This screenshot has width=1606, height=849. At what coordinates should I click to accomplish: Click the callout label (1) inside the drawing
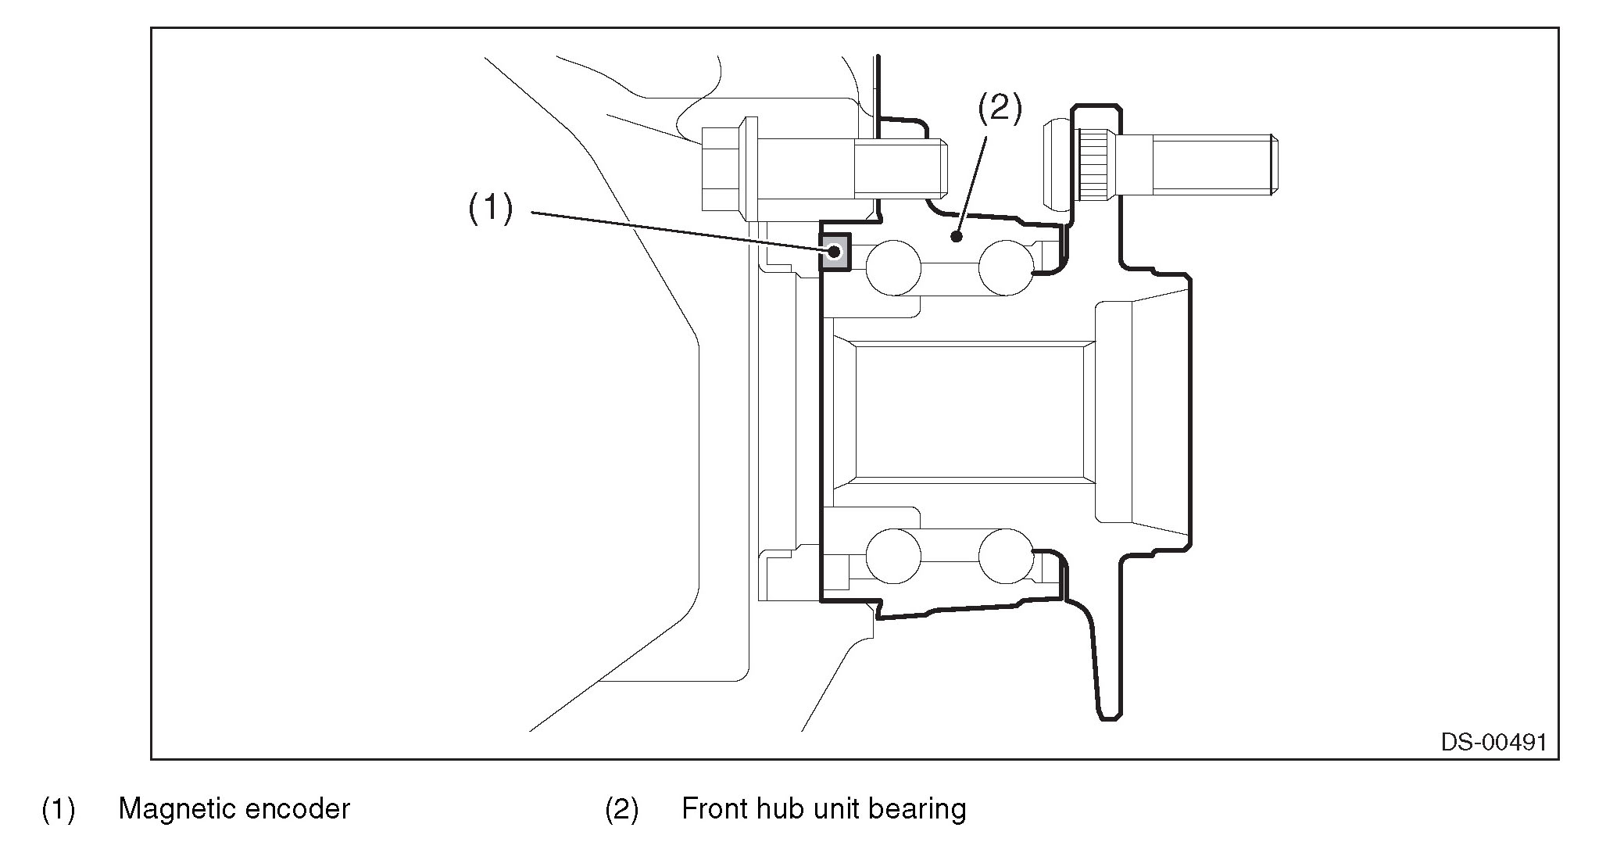point(490,209)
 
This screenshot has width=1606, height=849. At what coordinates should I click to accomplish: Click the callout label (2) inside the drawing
point(1000,109)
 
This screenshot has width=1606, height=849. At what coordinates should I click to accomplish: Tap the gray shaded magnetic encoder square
point(835,252)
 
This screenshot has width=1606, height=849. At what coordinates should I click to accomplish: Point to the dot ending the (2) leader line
point(955,235)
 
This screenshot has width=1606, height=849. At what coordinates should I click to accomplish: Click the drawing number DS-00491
point(1493,742)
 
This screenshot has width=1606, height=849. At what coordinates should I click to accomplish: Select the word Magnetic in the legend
point(174,809)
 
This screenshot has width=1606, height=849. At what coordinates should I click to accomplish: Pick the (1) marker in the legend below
point(58,810)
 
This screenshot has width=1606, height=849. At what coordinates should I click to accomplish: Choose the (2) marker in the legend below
point(621,810)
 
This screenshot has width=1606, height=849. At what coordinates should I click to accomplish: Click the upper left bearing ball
point(893,267)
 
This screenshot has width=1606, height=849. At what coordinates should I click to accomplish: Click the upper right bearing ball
point(1007,267)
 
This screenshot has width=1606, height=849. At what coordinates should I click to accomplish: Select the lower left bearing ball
point(893,556)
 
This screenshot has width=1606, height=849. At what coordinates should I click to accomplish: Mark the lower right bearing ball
point(1007,556)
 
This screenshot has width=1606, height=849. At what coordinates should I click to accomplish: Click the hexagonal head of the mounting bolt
point(720,169)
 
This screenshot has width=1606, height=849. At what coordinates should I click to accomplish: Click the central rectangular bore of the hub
point(969,410)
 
